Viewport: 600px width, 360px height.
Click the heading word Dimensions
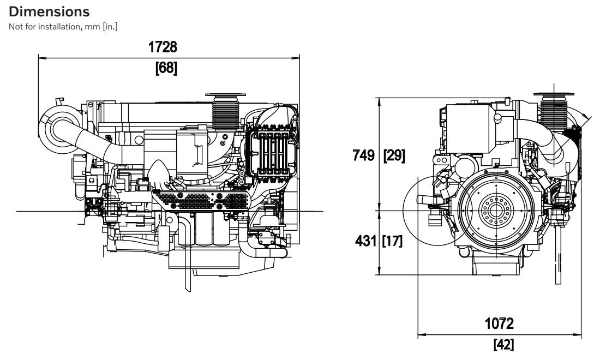(x=49, y=11)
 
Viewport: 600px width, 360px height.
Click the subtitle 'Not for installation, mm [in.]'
(x=63, y=26)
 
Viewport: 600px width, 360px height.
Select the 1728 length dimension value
(x=163, y=47)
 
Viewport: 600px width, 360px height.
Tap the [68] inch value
(x=166, y=68)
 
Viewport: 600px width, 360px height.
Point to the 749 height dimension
(x=363, y=155)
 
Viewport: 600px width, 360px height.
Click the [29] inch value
(x=394, y=155)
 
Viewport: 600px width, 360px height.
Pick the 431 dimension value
(x=365, y=241)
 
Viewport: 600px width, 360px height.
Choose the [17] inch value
(x=392, y=241)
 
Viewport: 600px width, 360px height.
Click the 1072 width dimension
(x=499, y=323)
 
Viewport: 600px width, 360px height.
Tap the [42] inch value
(x=503, y=344)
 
